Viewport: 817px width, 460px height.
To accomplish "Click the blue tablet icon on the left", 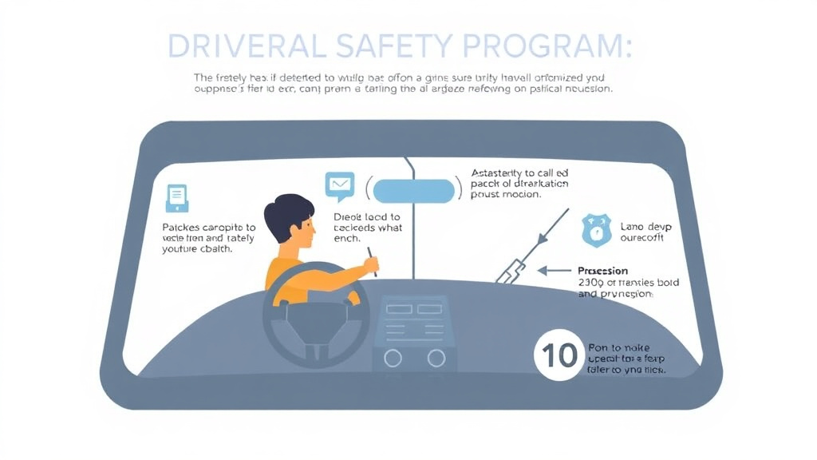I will (x=177, y=197).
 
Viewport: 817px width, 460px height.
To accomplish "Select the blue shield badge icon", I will (x=596, y=231).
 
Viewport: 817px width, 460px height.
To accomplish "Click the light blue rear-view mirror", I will (x=412, y=192).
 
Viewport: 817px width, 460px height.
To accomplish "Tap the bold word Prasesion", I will (x=602, y=271).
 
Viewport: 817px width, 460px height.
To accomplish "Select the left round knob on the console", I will (x=393, y=357).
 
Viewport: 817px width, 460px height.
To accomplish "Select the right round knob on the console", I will (x=436, y=357).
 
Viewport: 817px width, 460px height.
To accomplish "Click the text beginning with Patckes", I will (x=208, y=238).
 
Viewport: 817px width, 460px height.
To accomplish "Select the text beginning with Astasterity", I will (x=519, y=183).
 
